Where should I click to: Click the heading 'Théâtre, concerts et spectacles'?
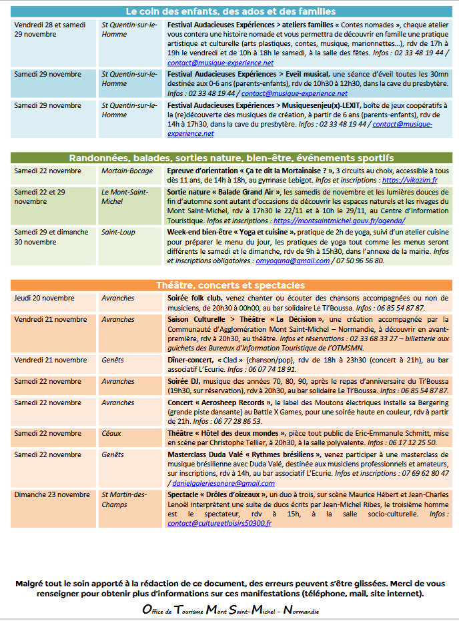pos(230,285)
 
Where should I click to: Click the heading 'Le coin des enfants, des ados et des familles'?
pos(230,11)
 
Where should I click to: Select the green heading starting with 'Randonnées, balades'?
pos(230,158)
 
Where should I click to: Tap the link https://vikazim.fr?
pos(410,180)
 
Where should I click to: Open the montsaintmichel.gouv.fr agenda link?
pos(339,220)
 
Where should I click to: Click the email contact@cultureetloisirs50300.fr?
pos(219,523)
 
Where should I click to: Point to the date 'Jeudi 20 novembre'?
pos(45,298)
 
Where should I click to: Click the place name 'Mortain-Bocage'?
pos(126,171)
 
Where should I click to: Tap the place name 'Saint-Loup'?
pos(118,232)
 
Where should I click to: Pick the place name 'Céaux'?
pos(111,433)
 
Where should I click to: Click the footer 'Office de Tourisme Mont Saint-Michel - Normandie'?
pos(230,610)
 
